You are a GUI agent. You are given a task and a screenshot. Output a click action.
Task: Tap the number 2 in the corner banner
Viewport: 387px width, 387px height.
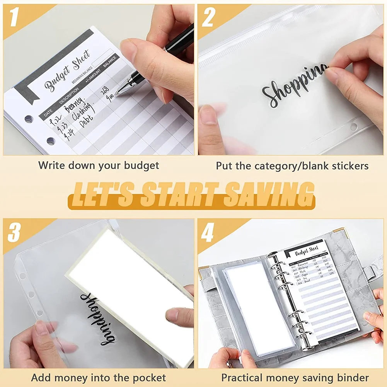208,18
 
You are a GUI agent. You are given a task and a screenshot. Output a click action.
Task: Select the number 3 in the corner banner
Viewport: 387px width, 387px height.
14,233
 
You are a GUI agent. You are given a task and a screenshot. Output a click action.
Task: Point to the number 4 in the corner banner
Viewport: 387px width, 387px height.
208,233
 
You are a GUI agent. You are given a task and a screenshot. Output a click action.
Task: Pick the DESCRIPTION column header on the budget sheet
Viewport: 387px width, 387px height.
69,96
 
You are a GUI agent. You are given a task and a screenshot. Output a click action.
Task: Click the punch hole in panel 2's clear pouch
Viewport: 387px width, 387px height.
353,126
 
